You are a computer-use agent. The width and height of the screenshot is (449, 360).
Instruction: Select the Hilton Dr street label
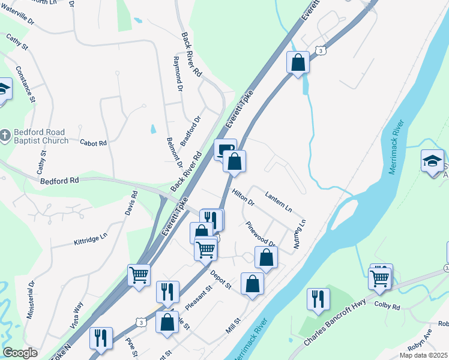pos(243,199)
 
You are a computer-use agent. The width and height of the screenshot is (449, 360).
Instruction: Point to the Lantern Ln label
pos(278,202)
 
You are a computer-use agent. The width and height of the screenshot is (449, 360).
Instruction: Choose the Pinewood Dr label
pos(261,235)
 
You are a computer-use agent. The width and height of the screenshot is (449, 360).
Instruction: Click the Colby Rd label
pos(387,306)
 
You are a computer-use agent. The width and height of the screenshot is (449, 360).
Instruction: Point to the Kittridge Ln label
pos(89,238)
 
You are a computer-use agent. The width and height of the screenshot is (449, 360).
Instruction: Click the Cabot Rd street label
pos(93,143)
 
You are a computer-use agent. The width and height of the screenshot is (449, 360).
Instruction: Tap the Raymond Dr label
pos(177,74)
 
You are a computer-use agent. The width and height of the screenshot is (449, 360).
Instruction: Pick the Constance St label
pos(25,84)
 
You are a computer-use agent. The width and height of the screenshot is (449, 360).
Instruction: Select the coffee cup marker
pos(224,149)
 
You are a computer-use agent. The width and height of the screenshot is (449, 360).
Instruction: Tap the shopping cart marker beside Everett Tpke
pos(139,275)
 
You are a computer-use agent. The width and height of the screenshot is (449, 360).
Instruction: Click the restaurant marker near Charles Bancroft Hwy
pos(318,299)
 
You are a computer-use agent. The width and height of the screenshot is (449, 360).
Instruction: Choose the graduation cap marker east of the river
pos(432,161)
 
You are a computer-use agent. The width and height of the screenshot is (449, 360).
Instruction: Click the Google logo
pos(20,353)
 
